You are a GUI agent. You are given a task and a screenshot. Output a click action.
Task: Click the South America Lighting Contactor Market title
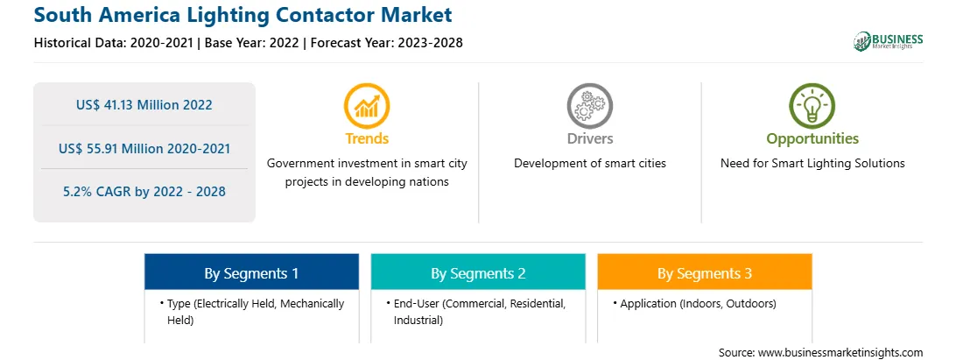[243, 15]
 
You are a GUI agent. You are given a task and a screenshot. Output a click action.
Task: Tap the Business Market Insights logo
[889, 41]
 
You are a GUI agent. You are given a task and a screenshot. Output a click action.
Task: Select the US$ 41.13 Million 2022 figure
[144, 104]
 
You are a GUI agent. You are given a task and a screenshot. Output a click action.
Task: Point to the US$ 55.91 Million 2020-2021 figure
[144, 148]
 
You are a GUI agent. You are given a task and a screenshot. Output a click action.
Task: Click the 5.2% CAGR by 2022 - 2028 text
[144, 191]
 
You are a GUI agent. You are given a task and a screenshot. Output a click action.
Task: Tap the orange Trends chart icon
[367, 106]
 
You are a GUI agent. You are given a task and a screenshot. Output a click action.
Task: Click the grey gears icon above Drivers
[589, 106]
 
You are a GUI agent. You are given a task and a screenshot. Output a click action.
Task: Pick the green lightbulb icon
[812, 106]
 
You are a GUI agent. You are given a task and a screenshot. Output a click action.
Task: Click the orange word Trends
[367, 138]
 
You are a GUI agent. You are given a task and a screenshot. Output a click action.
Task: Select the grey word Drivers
[589, 138]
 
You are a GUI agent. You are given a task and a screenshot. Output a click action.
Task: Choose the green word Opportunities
[812, 139]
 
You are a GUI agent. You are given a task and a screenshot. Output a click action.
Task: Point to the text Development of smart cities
[589, 164]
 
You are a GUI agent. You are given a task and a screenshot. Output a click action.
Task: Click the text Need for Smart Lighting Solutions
[812, 164]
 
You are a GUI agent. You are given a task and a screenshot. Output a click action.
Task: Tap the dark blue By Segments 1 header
[252, 272]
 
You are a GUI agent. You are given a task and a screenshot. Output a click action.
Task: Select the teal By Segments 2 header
[478, 272]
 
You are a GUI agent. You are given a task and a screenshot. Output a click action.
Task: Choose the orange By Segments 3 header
[705, 272]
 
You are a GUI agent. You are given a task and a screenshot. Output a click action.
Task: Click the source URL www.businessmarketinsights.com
[840, 353]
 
